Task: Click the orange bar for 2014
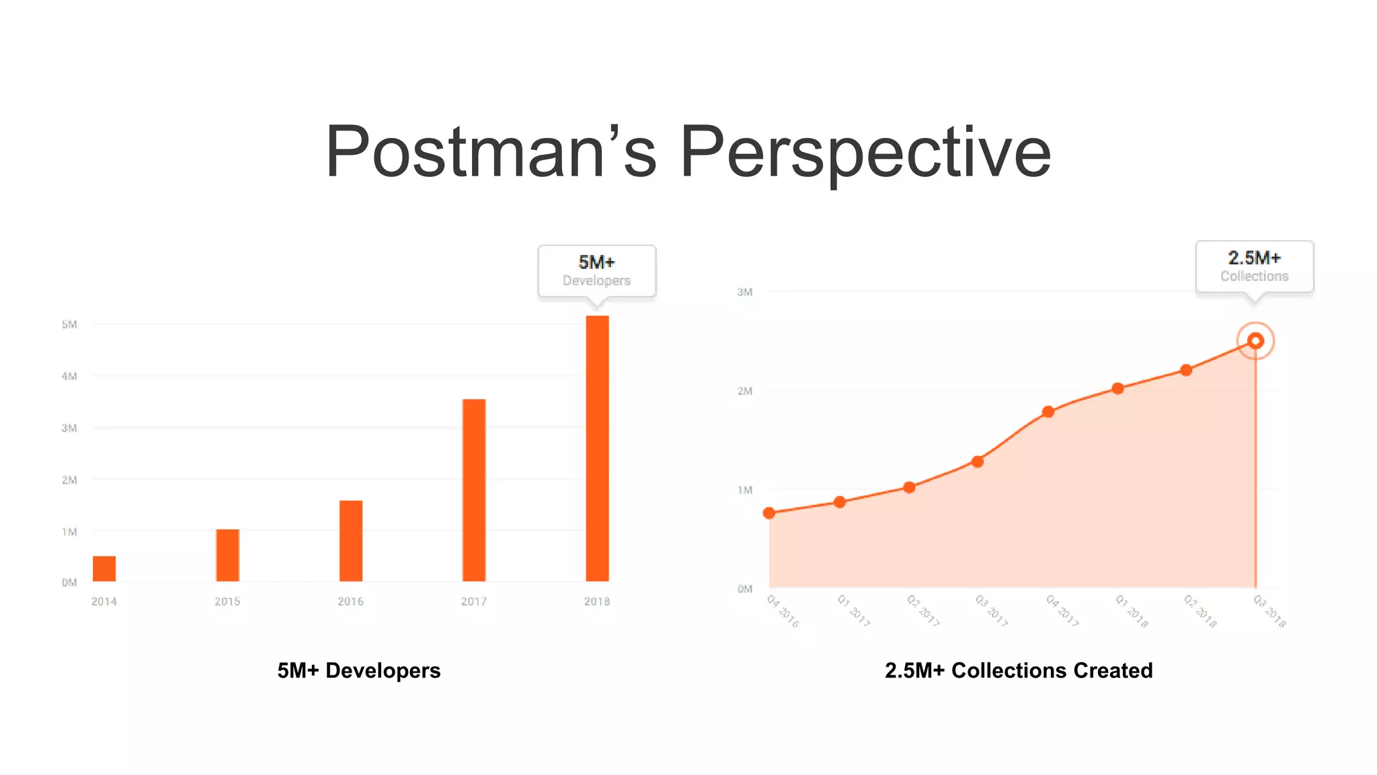[104, 568]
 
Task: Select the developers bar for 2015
[227, 555]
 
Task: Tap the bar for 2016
[350, 541]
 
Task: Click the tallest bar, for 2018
[597, 448]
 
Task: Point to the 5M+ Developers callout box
[596, 270]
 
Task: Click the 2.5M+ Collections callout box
[1254, 266]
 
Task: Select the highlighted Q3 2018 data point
[1255, 341]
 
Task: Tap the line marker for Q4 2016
[769, 513]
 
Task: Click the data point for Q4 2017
[1048, 412]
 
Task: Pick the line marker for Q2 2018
[1186, 370]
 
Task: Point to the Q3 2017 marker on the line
[978, 462]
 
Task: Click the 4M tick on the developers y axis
[69, 376]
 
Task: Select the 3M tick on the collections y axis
[745, 292]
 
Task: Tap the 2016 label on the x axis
[350, 601]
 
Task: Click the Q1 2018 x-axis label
[1132, 611]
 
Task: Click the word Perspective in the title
[865, 152]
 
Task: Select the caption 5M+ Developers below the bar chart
[359, 671]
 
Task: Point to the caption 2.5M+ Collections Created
[1019, 671]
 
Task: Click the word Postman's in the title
[491, 152]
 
